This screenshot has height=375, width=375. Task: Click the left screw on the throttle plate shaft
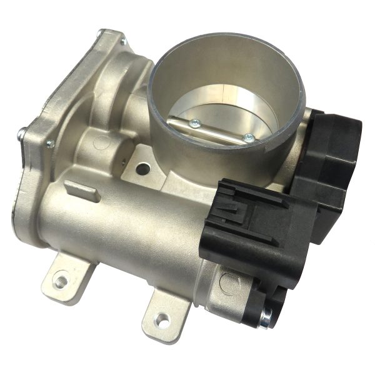point(195,123)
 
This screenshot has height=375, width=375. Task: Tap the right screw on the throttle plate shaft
point(249,136)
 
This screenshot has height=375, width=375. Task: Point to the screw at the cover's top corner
point(123,42)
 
